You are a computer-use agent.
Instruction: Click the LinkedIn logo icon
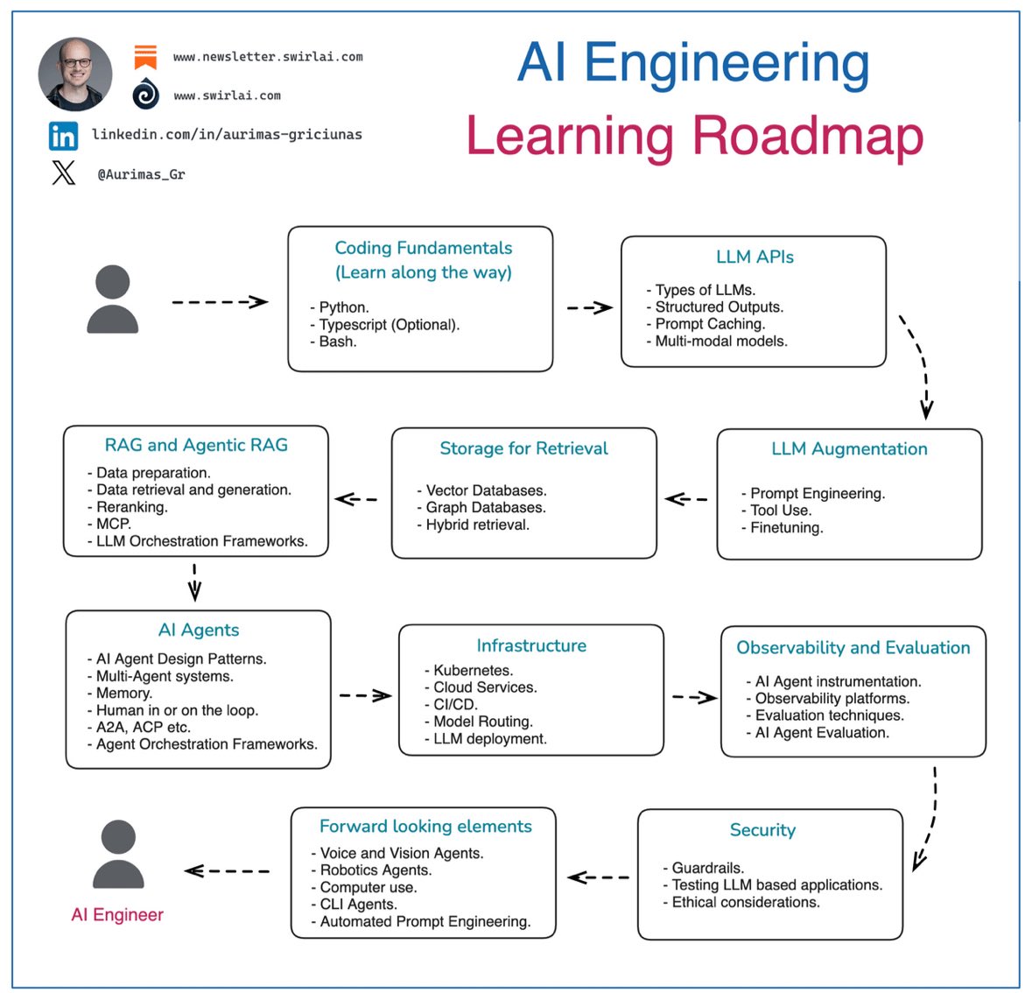point(63,136)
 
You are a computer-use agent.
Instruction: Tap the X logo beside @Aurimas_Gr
point(64,173)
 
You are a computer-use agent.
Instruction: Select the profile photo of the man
point(75,74)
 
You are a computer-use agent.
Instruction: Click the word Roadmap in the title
point(807,137)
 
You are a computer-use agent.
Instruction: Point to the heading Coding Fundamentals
point(424,248)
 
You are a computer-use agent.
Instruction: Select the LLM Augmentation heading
point(849,448)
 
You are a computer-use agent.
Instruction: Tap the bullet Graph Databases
point(485,507)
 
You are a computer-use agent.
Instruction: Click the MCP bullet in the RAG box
point(113,524)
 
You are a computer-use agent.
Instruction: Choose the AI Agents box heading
point(199,630)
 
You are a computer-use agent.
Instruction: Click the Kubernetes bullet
point(473,670)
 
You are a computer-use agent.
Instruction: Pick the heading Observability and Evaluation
point(853,648)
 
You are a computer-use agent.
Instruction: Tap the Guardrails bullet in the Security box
point(707,868)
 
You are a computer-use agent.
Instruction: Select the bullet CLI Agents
point(358,904)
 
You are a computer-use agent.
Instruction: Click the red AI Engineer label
point(117,914)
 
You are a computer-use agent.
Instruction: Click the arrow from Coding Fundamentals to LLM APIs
point(589,307)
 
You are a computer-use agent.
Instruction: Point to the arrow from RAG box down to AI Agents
point(194,582)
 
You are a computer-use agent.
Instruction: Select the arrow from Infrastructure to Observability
point(694,697)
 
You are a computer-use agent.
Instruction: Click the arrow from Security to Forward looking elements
point(599,877)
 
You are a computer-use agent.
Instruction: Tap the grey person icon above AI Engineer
point(118,854)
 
